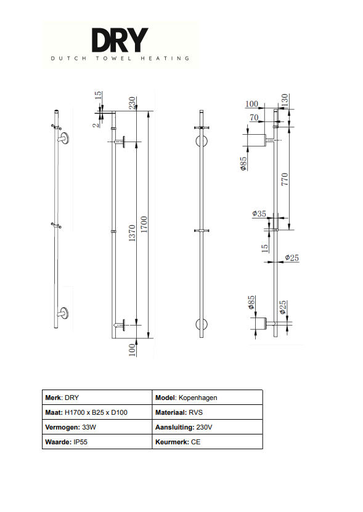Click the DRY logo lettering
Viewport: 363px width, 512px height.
tap(120, 40)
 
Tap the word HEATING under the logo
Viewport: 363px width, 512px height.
tap(165, 58)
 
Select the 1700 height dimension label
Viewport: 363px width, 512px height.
tap(144, 225)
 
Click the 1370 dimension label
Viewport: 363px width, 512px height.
tap(132, 233)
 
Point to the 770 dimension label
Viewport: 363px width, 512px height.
tap(285, 179)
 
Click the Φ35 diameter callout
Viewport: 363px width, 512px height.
tap(259, 214)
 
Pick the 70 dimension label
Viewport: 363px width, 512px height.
tap(254, 117)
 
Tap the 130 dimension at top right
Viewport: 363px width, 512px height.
tap(285, 99)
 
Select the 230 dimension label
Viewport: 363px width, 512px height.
tap(132, 103)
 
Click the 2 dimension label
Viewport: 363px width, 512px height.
tap(95, 125)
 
